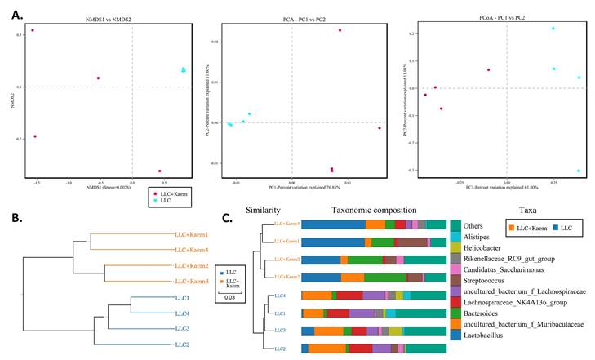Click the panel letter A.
click(11, 11)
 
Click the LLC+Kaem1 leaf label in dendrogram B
click(192, 234)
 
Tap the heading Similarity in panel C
click(263, 210)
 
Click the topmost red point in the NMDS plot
click(33, 30)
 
